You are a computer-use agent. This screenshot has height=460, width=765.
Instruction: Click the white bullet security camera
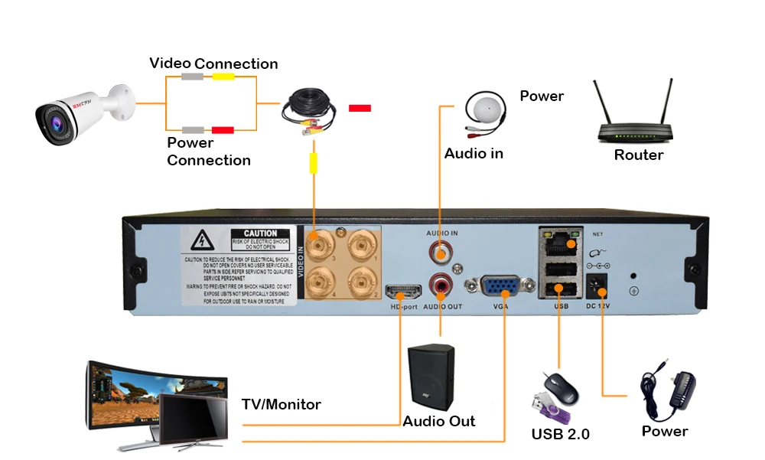point(76,115)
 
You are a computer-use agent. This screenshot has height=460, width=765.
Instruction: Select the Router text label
point(639,155)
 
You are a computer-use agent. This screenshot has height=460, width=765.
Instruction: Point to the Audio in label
point(474,154)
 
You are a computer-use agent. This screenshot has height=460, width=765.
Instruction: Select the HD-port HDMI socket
point(403,291)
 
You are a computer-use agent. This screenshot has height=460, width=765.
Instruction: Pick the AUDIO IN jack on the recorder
point(441,250)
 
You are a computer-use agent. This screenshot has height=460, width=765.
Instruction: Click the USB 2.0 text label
point(561,434)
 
